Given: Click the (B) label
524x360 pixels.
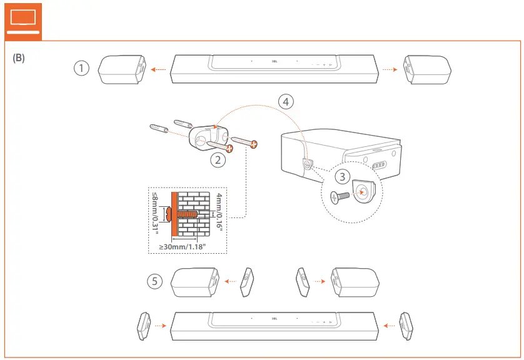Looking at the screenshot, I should click(19, 57).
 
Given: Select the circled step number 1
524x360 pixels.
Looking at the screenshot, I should click(81, 69).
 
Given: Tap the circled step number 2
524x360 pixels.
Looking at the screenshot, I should click(218, 160).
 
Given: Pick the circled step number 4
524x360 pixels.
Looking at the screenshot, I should click(285, 101).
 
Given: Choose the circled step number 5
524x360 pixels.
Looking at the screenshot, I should click(154, 281).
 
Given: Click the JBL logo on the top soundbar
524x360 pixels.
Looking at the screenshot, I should click(274, 61).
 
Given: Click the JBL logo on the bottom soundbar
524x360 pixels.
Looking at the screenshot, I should click(274, 317).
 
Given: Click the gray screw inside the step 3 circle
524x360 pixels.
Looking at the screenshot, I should click(339, 196).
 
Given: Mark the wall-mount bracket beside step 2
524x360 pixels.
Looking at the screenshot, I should click(204, 136).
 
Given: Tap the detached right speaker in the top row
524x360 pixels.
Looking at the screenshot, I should click(428, 69).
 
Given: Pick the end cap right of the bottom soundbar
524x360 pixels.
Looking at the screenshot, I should click(406, 324).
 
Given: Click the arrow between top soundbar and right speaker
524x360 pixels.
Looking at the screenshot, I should click(390, 69).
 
